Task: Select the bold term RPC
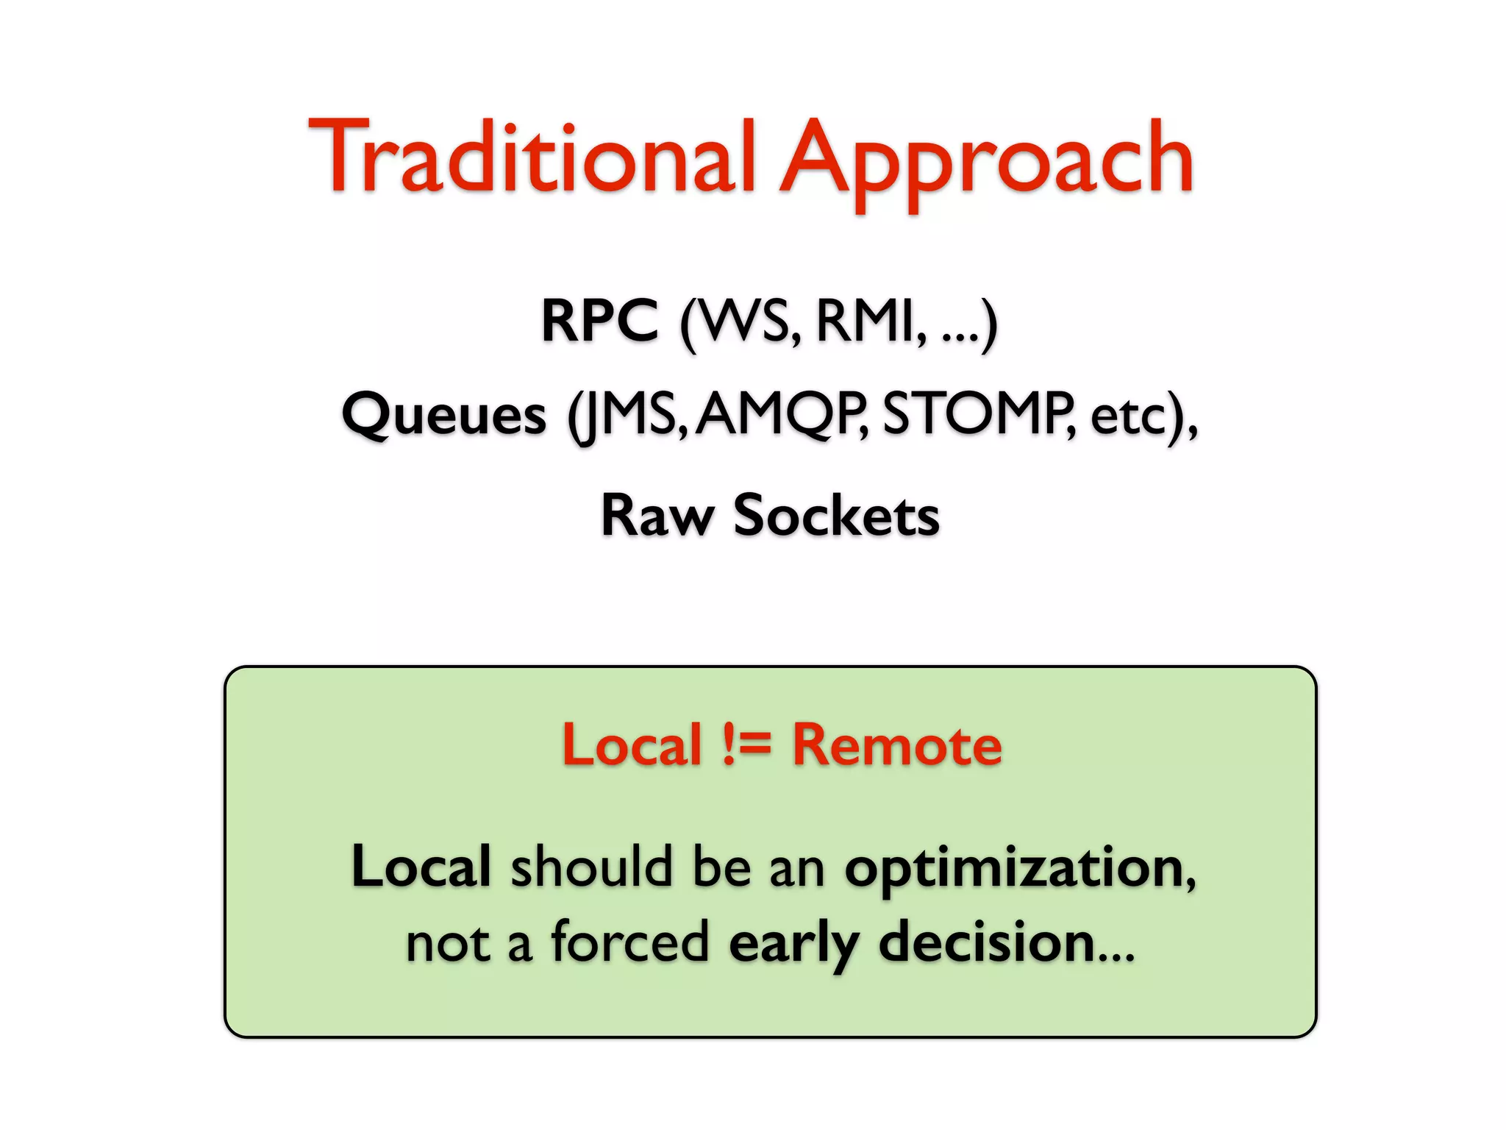[x=599, y=321]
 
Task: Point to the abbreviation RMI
[x=866, y=321]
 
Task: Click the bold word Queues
[x=444, y=415]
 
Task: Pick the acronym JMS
[x=629, y=415]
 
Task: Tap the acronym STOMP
[x=974, y=413]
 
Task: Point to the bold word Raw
[x=657, y=516]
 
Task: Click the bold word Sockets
[x=836, y=516]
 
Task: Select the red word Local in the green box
[x=632, y=745]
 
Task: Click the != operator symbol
[x=746, y=745]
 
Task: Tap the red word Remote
[x=896, y=745]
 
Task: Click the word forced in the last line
[x=630, y=942]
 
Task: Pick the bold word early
[x=793, y=945]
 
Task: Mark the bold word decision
[x=987, y=942]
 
